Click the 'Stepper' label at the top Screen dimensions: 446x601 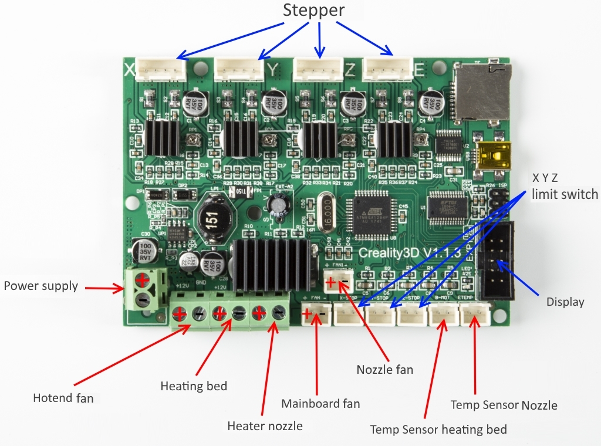coord(313,11)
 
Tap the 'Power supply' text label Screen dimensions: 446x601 coord(40,286)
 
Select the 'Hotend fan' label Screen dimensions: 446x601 coord(63,398)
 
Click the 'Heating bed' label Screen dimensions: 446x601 coord(193,386)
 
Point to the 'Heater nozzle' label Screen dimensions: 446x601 coord(265,425)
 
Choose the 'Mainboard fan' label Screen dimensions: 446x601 coord(320,403)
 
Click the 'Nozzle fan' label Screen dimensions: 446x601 coord(385,369)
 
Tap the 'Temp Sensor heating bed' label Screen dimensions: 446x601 coord(438,429)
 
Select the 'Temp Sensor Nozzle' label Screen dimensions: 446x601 coord(504,404)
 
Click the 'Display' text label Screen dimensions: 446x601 coord(565,302)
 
